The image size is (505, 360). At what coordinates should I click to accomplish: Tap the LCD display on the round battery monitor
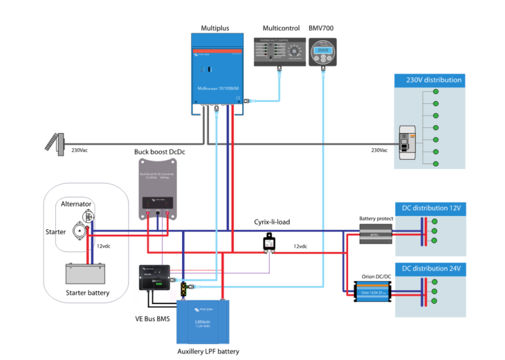coord(323,49)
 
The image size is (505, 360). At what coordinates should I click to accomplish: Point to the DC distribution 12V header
coord(430,208)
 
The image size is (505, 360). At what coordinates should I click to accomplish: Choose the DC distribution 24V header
coord(430,268)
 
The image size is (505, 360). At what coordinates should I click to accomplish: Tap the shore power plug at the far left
coord(55,142)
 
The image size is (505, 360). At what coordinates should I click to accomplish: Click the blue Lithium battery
coord(203,322)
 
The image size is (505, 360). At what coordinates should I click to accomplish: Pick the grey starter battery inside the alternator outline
coord(85,273)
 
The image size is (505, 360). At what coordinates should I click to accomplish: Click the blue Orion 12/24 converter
coord(372,291)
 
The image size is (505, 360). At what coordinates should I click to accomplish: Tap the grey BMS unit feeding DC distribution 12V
coord(376,234)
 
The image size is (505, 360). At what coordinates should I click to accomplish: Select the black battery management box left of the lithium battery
coord(155,277)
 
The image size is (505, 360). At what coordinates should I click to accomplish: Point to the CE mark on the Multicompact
coord(237,98)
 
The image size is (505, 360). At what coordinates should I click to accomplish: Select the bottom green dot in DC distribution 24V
coord(434,301)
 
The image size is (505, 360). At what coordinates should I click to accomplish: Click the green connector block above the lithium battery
coord(183,289)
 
